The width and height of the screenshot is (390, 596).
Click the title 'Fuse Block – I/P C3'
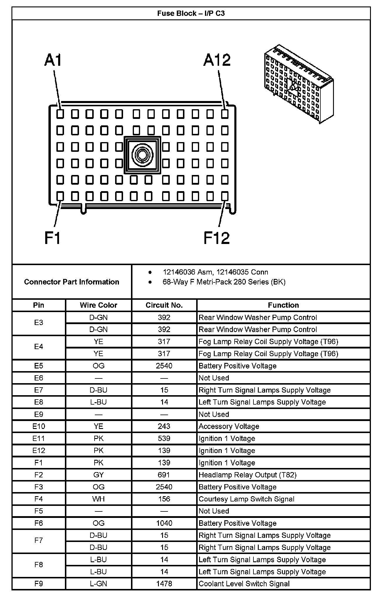pos(191,14)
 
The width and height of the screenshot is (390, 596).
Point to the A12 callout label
pos(217,60)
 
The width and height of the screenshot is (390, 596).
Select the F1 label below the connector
pos(53,238)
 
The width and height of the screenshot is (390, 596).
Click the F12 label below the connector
pos(217,238)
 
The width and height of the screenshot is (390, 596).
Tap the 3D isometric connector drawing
pos(299,84)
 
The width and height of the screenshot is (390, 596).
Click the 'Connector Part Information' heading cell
pos(72,282)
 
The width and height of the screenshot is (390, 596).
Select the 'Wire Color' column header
pos(98,305)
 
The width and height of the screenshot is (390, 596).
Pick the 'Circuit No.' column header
pos(164,305)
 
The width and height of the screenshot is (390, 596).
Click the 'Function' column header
pos(283,305)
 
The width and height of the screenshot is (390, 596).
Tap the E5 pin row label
pos(39,366)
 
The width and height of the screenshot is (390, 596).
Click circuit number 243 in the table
pos(164,426)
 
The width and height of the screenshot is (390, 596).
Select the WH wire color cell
pos(98,499)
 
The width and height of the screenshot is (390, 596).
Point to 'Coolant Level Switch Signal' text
pos(244,584)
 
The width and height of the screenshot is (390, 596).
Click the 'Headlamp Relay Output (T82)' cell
pos(248,475)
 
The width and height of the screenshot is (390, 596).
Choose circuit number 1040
pos(164,523)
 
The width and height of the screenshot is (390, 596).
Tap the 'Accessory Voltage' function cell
pos(229,426)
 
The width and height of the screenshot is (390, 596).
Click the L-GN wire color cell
pos(98,584)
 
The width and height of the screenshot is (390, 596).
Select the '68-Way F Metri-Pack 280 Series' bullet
pos(224,282)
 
